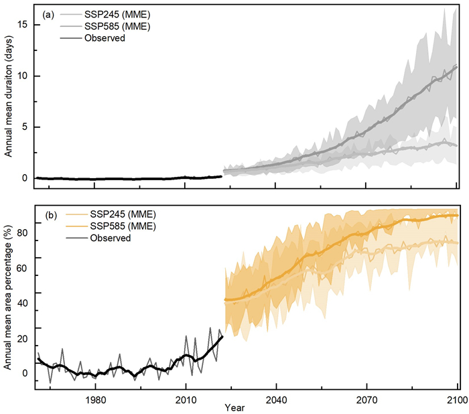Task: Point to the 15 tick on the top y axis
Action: (x=23, y=24)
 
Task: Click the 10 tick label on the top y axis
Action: (x=23, y=75)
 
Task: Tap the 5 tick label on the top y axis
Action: (x=25, y=127)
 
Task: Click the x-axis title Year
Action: (x=235, y=407)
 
